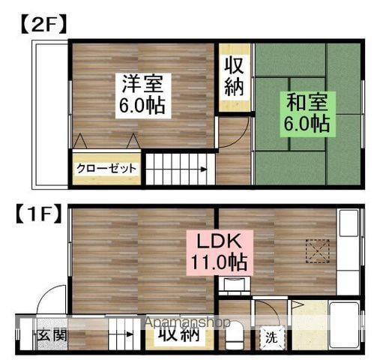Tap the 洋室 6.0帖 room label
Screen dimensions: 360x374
[x=142, y=93]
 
